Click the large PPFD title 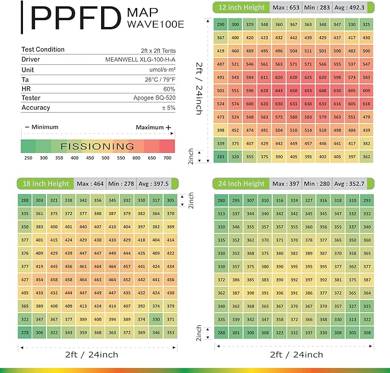tap(72, 18)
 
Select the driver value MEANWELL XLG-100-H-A tap(140, 59)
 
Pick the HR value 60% tap(169, 89)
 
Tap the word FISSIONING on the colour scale tap(97, 146)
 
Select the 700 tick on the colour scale tap(167, 157)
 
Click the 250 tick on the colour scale tap(28, 157)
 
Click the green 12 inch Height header tap(240, 7)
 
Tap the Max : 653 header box tap(286, 7)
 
